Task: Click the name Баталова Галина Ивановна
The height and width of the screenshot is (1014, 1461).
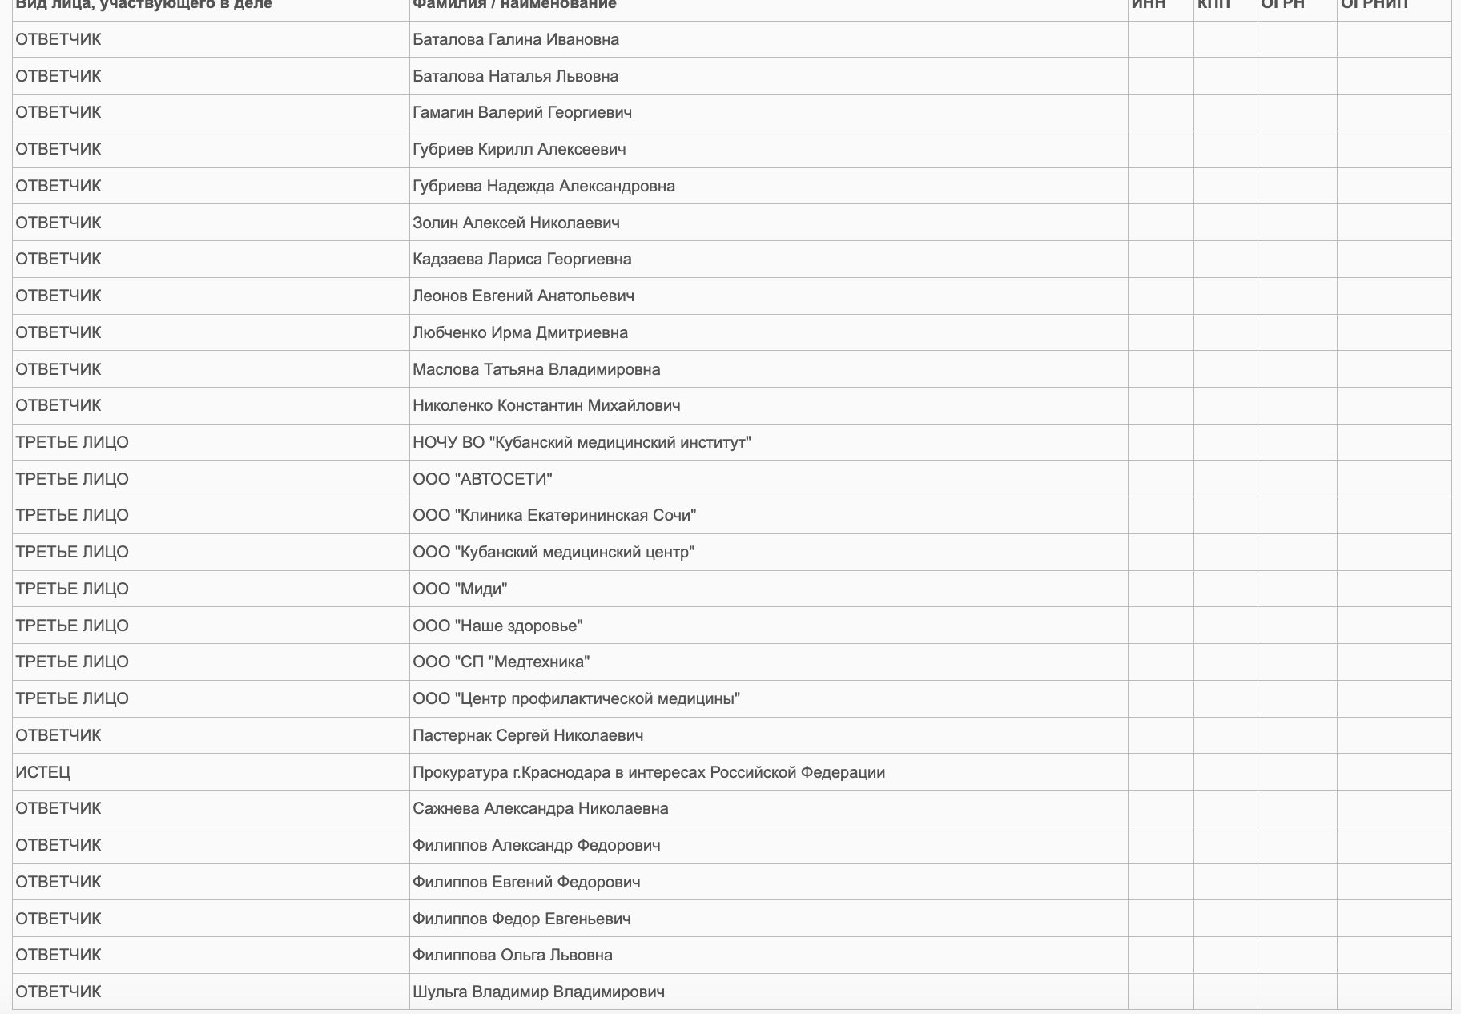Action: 516,39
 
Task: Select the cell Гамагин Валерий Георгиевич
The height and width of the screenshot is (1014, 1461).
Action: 522,112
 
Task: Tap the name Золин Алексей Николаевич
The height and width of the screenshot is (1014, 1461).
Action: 516,223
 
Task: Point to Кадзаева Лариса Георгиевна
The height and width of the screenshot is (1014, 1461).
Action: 522,259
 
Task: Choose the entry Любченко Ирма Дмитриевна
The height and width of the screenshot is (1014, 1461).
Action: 520,332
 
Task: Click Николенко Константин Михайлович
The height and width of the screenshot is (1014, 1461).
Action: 546,405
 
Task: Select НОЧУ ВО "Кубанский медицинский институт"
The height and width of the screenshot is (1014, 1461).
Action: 582,442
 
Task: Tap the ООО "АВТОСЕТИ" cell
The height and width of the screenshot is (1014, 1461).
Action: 482,479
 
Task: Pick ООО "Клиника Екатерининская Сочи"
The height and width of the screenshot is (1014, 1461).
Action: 554,515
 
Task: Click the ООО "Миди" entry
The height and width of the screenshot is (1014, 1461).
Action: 460,589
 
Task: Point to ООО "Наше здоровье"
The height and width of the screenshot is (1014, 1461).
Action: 497,626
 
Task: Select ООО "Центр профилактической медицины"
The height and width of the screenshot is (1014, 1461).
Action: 576,698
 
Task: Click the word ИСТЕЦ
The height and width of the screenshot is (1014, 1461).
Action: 43,772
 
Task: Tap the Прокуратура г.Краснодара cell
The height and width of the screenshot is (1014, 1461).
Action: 649,772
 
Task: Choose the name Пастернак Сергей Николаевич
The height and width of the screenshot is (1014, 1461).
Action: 528,735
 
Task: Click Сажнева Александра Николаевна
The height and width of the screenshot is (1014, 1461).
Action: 541,808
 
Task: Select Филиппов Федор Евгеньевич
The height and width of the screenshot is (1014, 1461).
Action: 521,919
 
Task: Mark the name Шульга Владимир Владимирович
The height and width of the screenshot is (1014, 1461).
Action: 538,992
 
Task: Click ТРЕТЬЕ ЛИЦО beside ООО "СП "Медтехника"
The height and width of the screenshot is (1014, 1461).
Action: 72,662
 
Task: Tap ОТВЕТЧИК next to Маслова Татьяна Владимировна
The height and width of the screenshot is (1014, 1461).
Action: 58,369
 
